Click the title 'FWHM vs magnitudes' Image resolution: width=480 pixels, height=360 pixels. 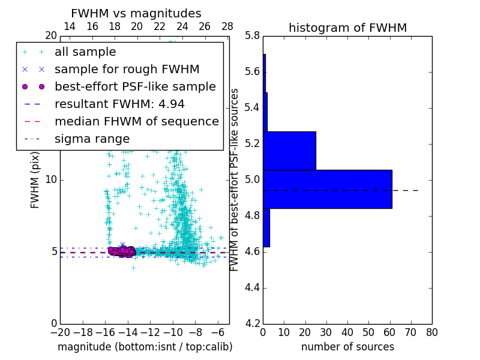[x=136, y=13]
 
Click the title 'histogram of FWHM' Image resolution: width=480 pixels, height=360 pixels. [x=347, y=28]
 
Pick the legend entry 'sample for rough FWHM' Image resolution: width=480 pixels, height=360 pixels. [x=127, y=70]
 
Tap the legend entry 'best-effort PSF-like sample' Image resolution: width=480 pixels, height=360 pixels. [x=135, y=86]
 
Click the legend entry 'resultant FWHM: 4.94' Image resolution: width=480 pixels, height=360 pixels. [x=119, y=104]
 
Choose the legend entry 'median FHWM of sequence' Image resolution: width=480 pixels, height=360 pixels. [x=136, y=121]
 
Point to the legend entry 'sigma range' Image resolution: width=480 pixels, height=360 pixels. [x=92, y=139]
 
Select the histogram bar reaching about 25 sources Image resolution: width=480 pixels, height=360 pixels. [x=289, y=151]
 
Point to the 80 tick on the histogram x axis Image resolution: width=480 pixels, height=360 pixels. [x=432, y=332]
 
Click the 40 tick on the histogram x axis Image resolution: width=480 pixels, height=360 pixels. [x=347, y=332]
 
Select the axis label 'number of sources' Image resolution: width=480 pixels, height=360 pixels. [x=347, y=347]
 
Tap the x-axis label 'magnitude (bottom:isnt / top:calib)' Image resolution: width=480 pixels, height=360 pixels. [x=145, y=347]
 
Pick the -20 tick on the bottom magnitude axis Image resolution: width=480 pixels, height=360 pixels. [x=60, y=332]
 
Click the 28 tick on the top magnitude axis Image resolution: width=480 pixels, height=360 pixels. [x=227, y=26]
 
